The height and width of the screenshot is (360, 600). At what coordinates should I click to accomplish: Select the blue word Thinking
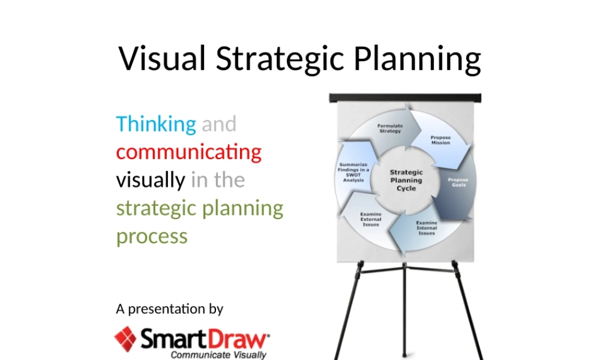pos(156,124)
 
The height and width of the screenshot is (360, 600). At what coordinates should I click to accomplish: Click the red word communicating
pos(189,151)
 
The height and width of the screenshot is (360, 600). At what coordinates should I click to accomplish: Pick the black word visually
pos(151,179)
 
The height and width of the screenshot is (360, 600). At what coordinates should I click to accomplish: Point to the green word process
pos(152,236)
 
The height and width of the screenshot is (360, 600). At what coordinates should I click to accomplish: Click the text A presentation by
pos(170,310)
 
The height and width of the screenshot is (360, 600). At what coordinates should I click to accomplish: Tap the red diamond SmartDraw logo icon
pos(126,339)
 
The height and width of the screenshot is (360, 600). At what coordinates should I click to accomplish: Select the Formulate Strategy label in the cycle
pos(389,128)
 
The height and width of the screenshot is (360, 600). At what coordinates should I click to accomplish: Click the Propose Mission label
pos(440,140)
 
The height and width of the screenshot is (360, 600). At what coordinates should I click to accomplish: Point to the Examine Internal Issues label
pos(427,227)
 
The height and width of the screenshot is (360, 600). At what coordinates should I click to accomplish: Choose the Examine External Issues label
pos(371,219)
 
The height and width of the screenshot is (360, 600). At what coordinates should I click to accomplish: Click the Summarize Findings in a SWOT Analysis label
pos(354,172)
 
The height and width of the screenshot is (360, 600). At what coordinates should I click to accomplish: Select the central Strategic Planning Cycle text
pos(406,180)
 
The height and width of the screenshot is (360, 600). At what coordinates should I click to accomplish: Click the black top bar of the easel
pos(406,97)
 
